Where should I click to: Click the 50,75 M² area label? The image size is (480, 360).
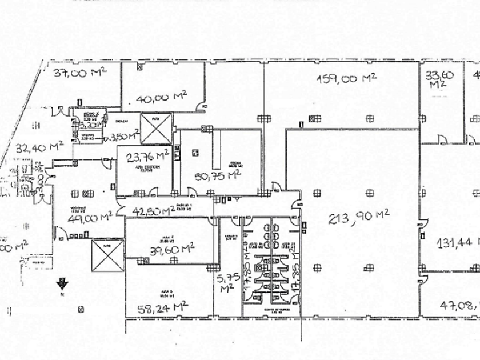(217, 176)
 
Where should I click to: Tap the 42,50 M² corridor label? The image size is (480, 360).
(153, 210)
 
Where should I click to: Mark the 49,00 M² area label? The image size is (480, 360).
(89, 217)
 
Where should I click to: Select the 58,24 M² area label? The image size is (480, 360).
(163, 308)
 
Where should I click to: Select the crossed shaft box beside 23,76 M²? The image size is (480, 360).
(156, 129)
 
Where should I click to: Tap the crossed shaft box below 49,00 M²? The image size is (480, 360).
(107, 255)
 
